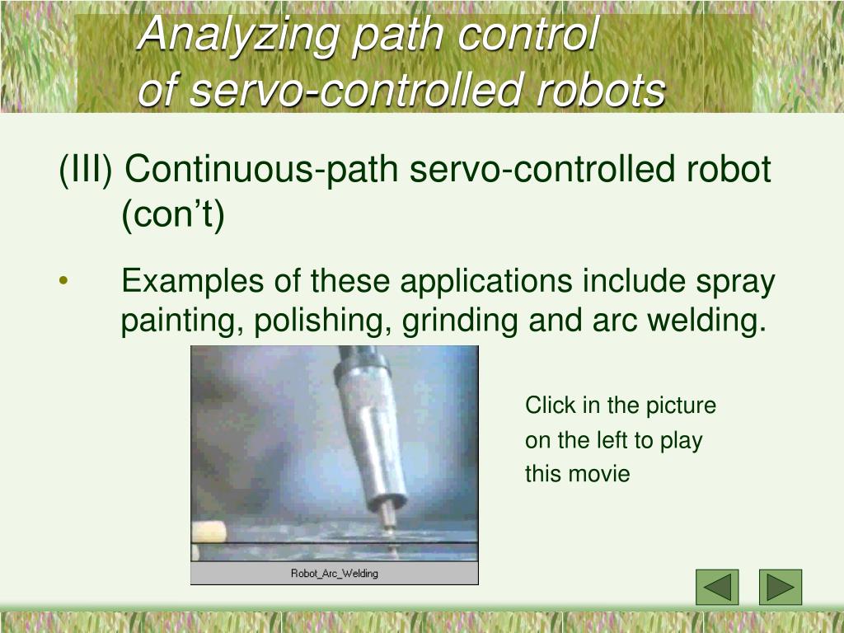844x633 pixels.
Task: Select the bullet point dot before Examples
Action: click(x=63, y=282)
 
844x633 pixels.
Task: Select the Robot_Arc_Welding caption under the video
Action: click(x=334, y=574)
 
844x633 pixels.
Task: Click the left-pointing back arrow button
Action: click(x=717, y=587)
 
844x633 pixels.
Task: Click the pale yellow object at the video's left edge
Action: click(x=209, y=532)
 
